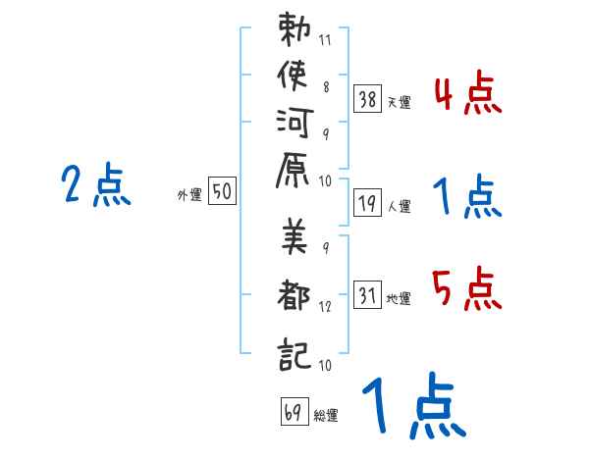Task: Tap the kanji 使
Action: pyautogui.click(x=294, y=76)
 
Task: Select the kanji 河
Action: pyautogui.click(x=294, y=123)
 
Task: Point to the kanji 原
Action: pyautogui.click(x=293, y=170)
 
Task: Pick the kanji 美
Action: pyautogui.click(x=294, y=236)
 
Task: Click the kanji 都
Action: pyautogui.click(x=294, y=294)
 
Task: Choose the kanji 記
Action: pyautogui.click(x=294, y=354)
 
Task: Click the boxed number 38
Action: pyautogui.click(x=367, y=99)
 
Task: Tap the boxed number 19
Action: pyautogui.click(x=367, y=202)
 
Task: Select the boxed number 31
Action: pyautogui.click(x=367, y=294)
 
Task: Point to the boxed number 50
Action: pyautogui.click(x=222, y=190)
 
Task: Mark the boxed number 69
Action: pyautogui.click(x=294, y=411)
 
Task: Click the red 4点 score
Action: pyautogui.click(x=468, y=93)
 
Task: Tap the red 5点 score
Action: pyautogui.click(x=467, y=288)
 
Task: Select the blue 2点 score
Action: pyautogui.click(x=96, y=184)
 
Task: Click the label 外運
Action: pyautogui.click(x=189, y=195)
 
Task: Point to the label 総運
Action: pyautogui.click(x=326, y=416)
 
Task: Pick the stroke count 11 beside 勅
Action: pyautogui.click(x=325, y=40)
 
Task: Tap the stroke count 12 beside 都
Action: pyautogui.click(x=325, y=307)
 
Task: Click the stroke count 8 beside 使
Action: pyautogui.click(x=326, y=87)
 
